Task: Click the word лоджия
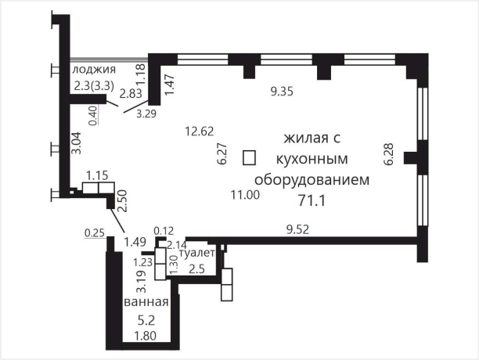(x=90, y=70)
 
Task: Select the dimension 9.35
(x=282, y=92)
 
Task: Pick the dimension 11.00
(x=243, y=195)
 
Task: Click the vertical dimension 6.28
(x=388, y=153)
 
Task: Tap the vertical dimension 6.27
(x=222, y=153)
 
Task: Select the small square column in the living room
(x=249, y=157)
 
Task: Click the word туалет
(x=196, y=254)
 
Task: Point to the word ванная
(x=146, y=302)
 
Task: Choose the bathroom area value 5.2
(x=146, y=320)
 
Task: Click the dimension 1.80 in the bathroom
(x=146, y=337)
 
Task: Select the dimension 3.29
(x=146, y=114)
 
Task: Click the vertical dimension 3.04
(x=76, y=146)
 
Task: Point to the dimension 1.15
(x=97, y=175)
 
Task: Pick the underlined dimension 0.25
(x=95, y=232)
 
